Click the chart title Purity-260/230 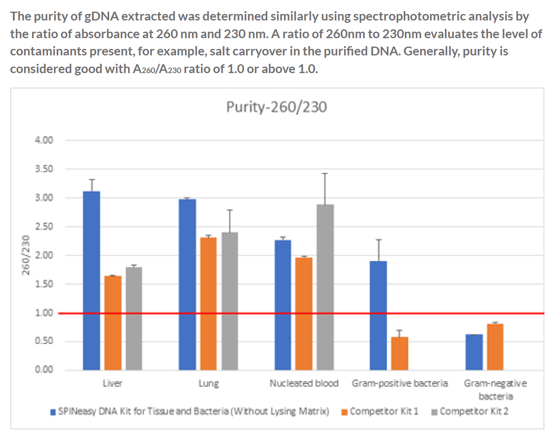pos(277,107)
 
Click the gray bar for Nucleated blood pos(325,287)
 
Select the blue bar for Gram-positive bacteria pos(378,315)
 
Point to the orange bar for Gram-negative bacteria pos(495,347)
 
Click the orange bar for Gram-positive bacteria pos(400,353)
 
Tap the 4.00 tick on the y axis pos(45,140)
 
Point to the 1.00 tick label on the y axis pos(45,313)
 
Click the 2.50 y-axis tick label pos(45,227)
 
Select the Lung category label pos(208,384)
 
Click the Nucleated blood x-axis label pos(304,384)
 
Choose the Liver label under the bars pos(112,384)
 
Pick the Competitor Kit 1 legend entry pos(380,412)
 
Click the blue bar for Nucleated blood pos(283,305)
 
